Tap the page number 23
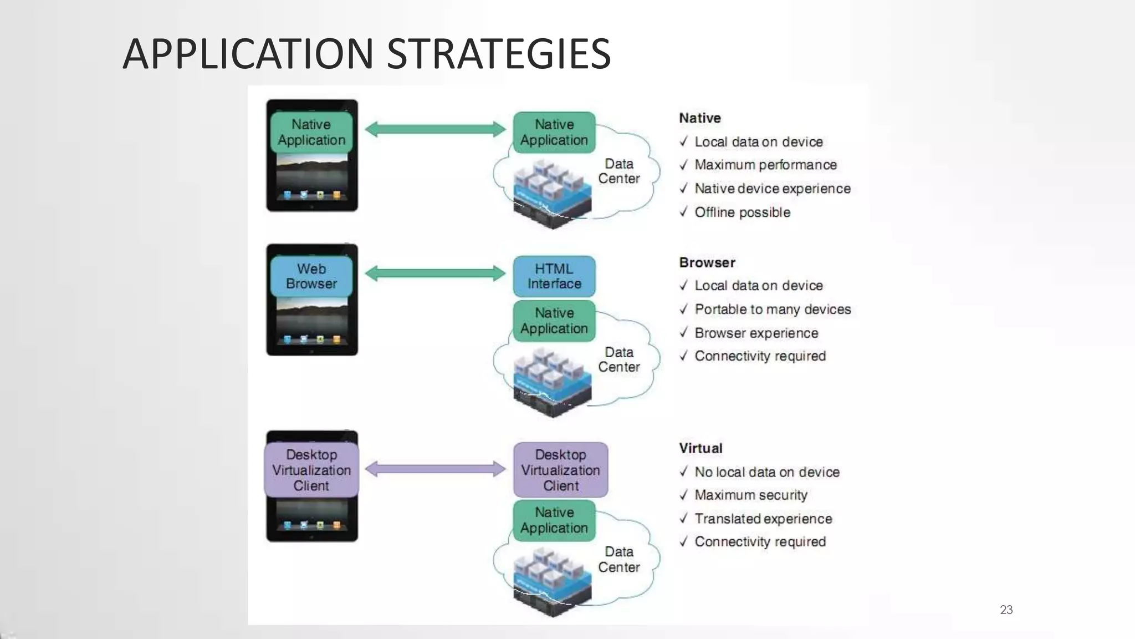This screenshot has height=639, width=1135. [1006, 610]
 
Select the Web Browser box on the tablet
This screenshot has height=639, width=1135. [311, 276]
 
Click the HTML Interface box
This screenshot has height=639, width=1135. [554, 276]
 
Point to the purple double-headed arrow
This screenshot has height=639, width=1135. [436, 469]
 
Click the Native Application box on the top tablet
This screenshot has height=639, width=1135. [311, 132]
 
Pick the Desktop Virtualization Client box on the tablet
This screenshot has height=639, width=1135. [311, 470]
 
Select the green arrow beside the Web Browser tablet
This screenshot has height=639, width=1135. [436, 273]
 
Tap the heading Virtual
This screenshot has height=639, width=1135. [701, 448]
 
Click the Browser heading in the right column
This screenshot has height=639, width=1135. [707, 262]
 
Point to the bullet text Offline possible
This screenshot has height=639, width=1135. [742, 212]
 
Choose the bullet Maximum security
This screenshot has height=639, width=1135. [751, 495]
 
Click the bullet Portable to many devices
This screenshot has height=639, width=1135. [773, 309]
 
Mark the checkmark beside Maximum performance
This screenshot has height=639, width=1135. [683, 165]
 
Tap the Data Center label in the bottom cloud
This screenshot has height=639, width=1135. [618, 559]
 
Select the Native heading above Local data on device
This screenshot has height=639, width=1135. [700, 118]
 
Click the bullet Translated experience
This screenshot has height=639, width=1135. [763, 519]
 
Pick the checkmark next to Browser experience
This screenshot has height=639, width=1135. [683, 332]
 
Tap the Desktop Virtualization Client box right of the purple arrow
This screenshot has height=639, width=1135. [560, 470]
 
